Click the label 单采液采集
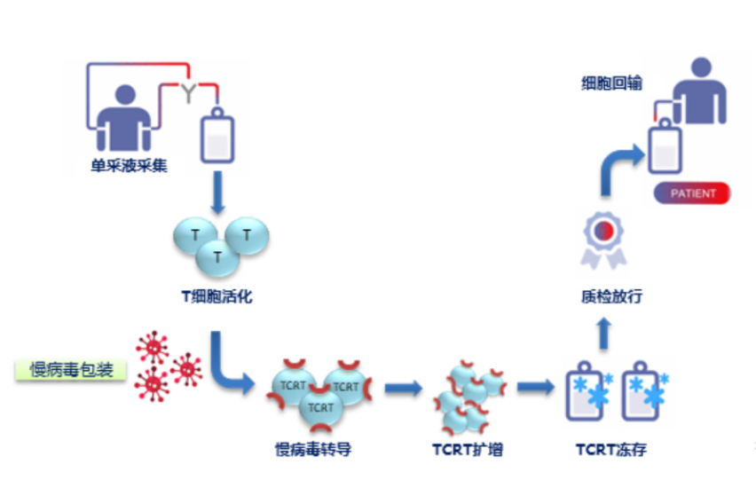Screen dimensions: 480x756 point(128,164)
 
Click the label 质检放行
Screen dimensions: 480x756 point(605,297)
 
